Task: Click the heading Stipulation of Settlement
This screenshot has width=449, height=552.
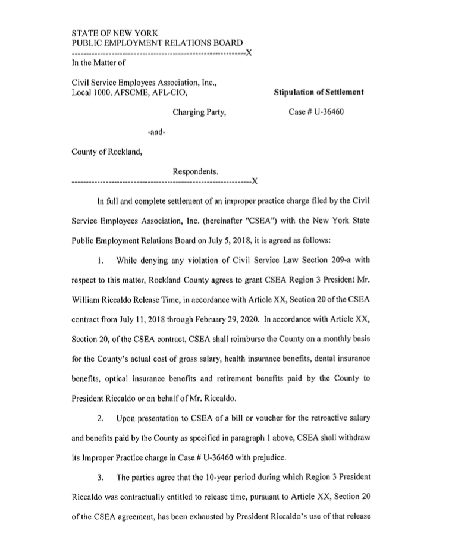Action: (318, 92)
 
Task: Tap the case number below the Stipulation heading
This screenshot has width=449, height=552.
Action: (320, 112)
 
